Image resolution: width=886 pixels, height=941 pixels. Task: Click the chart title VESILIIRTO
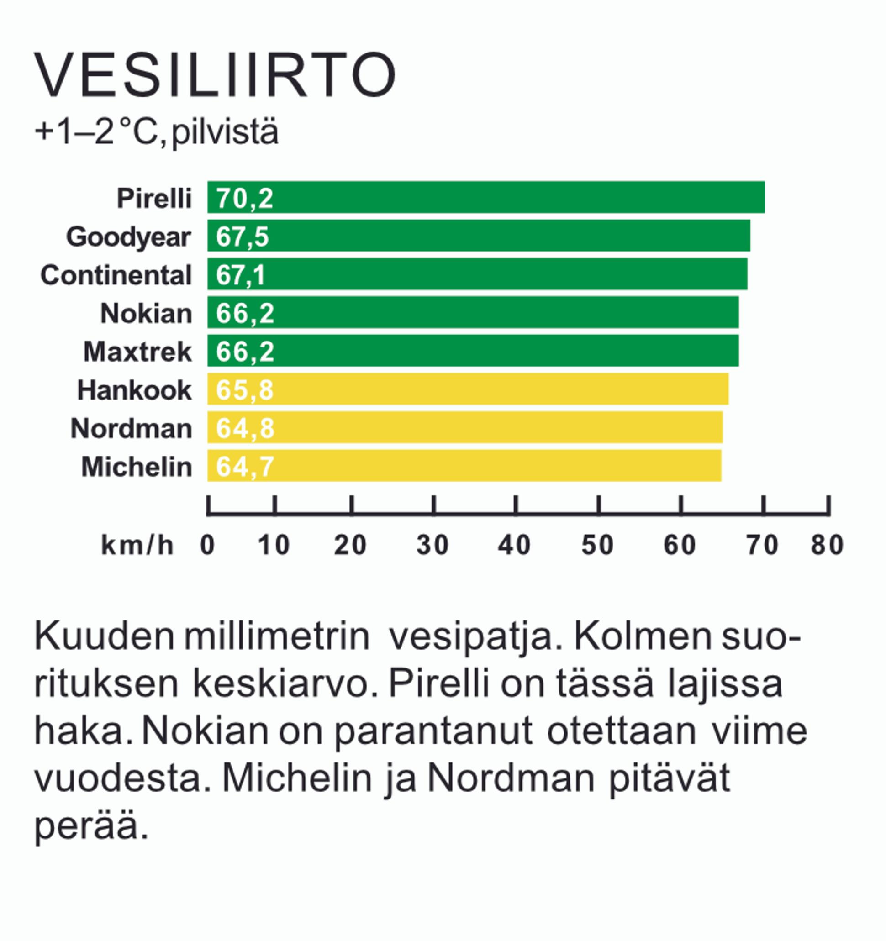(214, 76)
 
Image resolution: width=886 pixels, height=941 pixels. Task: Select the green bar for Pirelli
(485, 197)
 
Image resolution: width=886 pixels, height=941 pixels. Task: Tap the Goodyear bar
(478, 236)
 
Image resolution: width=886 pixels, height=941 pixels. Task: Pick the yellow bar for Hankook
(467, 389)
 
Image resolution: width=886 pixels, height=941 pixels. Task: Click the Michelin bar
(464, 466)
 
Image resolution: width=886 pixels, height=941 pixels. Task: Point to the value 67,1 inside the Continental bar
(241, 275)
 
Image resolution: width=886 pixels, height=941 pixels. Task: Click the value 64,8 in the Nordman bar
(245, 428)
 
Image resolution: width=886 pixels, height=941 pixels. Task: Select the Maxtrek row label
(137, 352)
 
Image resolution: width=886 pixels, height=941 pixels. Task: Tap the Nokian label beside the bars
(146, 313)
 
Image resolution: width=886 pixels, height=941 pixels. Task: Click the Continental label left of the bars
(116, 275)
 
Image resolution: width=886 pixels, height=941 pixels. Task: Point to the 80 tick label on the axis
(827, 545)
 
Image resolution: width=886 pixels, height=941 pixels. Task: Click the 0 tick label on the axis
(207, 545)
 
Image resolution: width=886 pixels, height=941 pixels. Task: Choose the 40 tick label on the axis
(514, 545)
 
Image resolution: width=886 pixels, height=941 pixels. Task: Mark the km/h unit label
(137, 545)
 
